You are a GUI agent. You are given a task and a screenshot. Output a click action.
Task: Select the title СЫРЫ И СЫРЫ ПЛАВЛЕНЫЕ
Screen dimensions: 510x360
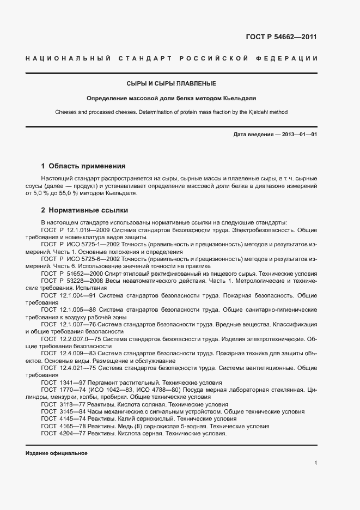[172, 83]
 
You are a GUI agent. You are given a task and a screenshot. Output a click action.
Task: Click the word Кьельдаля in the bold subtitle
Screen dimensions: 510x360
[241, 99]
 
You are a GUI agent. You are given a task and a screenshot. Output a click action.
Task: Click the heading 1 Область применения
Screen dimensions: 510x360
[83, 166]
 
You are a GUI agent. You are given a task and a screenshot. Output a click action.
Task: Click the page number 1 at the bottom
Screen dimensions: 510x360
[315, 463]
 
